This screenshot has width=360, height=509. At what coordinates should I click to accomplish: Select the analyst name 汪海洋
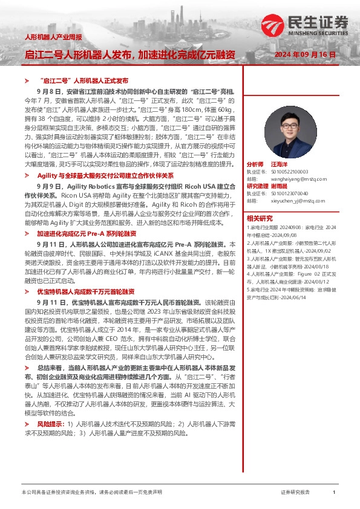click(x=280, y=164)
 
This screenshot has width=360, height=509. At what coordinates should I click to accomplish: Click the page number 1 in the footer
click(x=333, y=493)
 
